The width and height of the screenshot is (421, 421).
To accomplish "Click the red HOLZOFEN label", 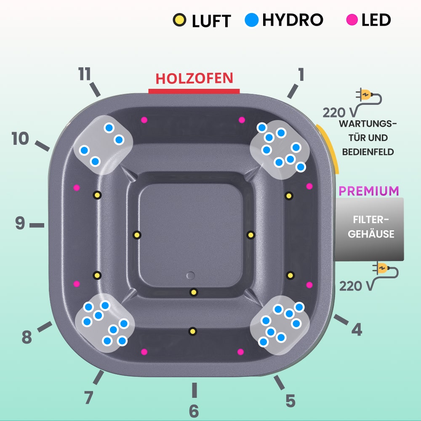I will (194, 78).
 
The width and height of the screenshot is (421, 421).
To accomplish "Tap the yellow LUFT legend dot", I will (179, 19).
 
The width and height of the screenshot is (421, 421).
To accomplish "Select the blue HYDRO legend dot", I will (251, 19).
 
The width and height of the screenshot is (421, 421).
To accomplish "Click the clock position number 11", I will (85, 75).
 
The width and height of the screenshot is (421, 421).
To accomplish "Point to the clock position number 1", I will (301, 75).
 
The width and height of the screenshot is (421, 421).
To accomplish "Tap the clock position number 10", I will (20, 139).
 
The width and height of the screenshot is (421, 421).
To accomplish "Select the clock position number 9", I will (20, 224).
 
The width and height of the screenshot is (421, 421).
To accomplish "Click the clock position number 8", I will (27, 337).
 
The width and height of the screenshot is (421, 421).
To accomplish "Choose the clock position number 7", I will (88, 397).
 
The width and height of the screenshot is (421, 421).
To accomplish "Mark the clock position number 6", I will (194, 410).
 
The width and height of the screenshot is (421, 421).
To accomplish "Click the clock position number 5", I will (290, 401).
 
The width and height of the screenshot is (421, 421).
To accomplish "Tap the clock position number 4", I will (357, 330).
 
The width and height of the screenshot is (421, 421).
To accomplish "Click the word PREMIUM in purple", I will (369, 191).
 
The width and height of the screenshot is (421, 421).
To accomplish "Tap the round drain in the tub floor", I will (191, 276).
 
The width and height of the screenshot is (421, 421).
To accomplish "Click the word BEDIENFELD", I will (368, 151).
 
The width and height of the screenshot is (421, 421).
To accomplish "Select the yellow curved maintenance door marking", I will (330, 147).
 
